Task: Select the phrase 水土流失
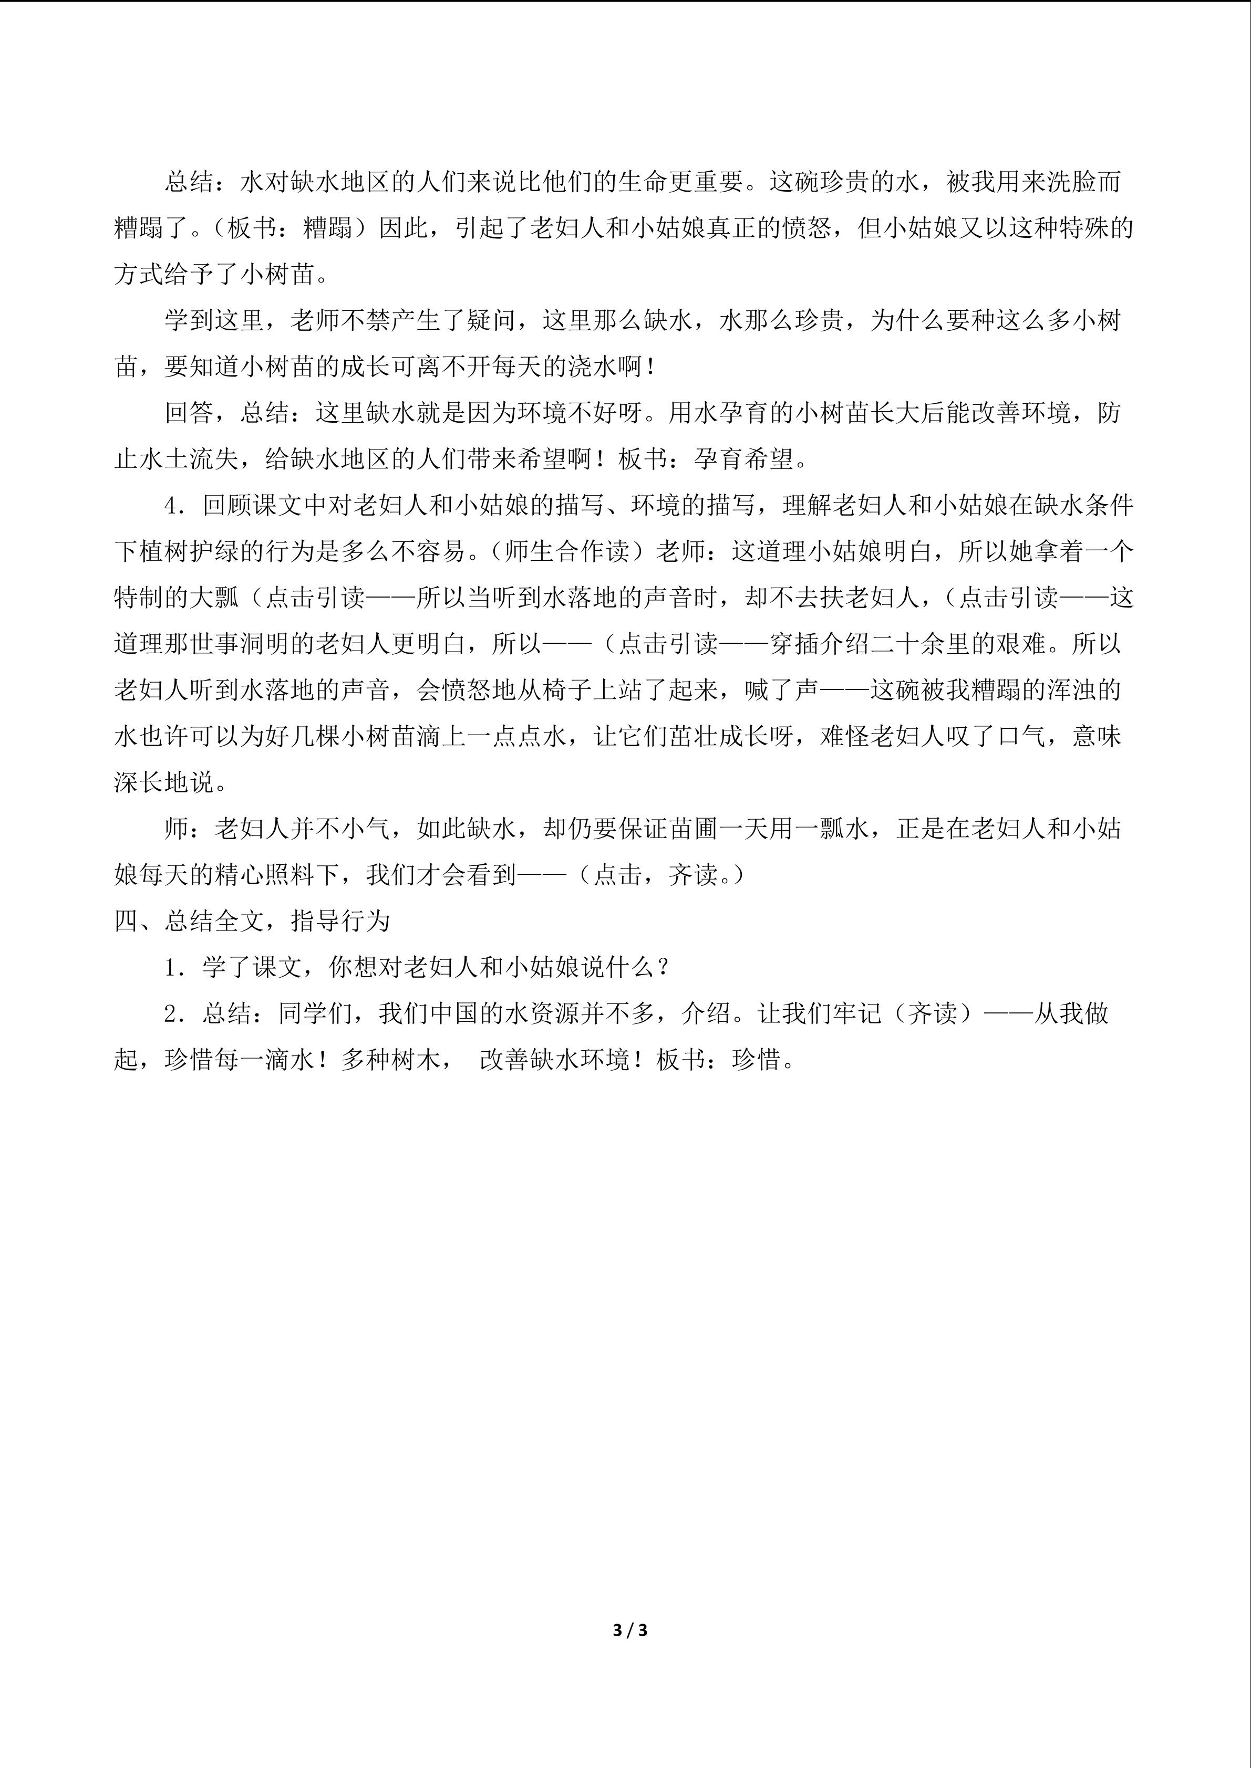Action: (x=177, y=459)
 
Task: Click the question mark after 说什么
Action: (x=663, y=968)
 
